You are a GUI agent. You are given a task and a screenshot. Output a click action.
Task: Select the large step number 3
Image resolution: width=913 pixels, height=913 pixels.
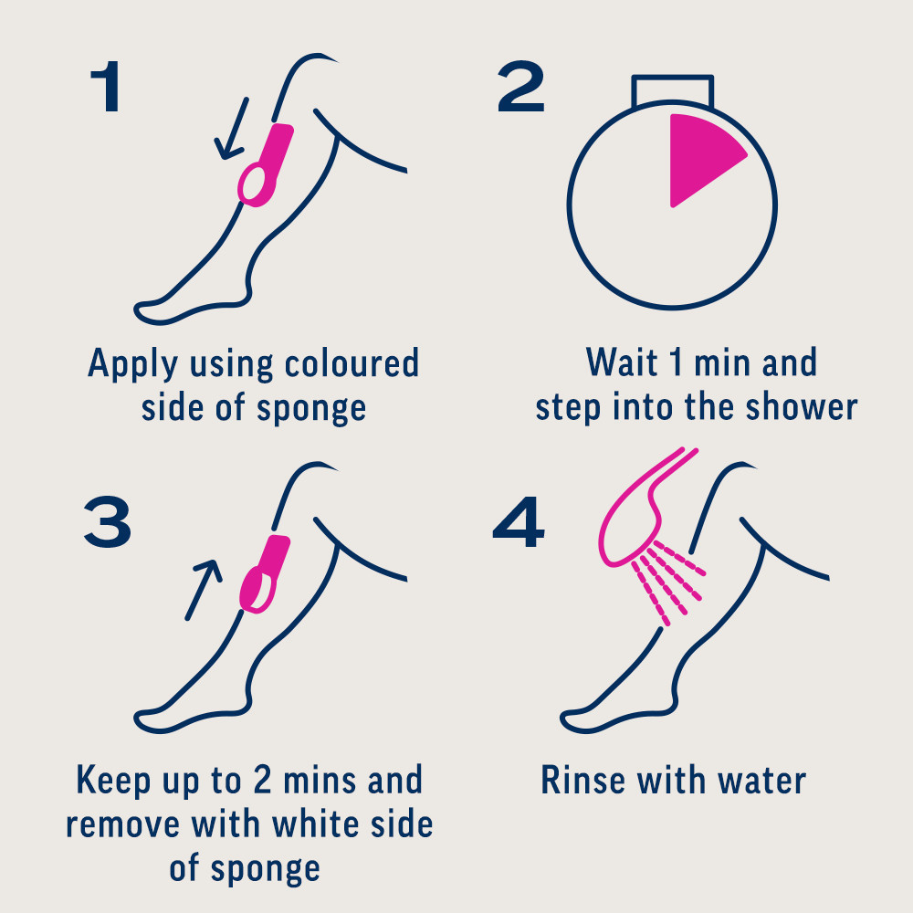click(x=108, y=521)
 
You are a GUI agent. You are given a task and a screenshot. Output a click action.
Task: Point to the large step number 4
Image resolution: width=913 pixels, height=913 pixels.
click(x=519, y=521)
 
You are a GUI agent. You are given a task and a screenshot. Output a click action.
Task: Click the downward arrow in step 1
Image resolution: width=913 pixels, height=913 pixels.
click(x=232, y=129)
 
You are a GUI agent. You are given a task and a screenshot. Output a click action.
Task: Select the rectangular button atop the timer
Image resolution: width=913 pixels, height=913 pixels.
click(x=673, y=90)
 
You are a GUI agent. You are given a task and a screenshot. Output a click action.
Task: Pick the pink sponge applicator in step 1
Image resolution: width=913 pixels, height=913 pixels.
click(x=266, y=165)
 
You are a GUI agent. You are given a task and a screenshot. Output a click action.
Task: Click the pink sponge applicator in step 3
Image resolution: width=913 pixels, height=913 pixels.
click(x=265, y=574)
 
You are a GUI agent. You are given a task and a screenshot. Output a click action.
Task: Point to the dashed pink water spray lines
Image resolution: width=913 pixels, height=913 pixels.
click(x=669, y=582)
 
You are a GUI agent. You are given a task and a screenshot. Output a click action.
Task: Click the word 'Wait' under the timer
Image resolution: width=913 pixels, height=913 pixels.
click(x=623, y=362)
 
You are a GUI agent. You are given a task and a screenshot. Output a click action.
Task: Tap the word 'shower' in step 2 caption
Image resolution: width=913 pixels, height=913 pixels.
click(x=802, y=406)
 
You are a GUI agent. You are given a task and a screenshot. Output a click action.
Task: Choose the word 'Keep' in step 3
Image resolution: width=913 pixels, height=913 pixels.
click(x=113, y=782)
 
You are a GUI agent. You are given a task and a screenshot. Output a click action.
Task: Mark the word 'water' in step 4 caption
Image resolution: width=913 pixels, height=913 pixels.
click(x=762, y=781)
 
